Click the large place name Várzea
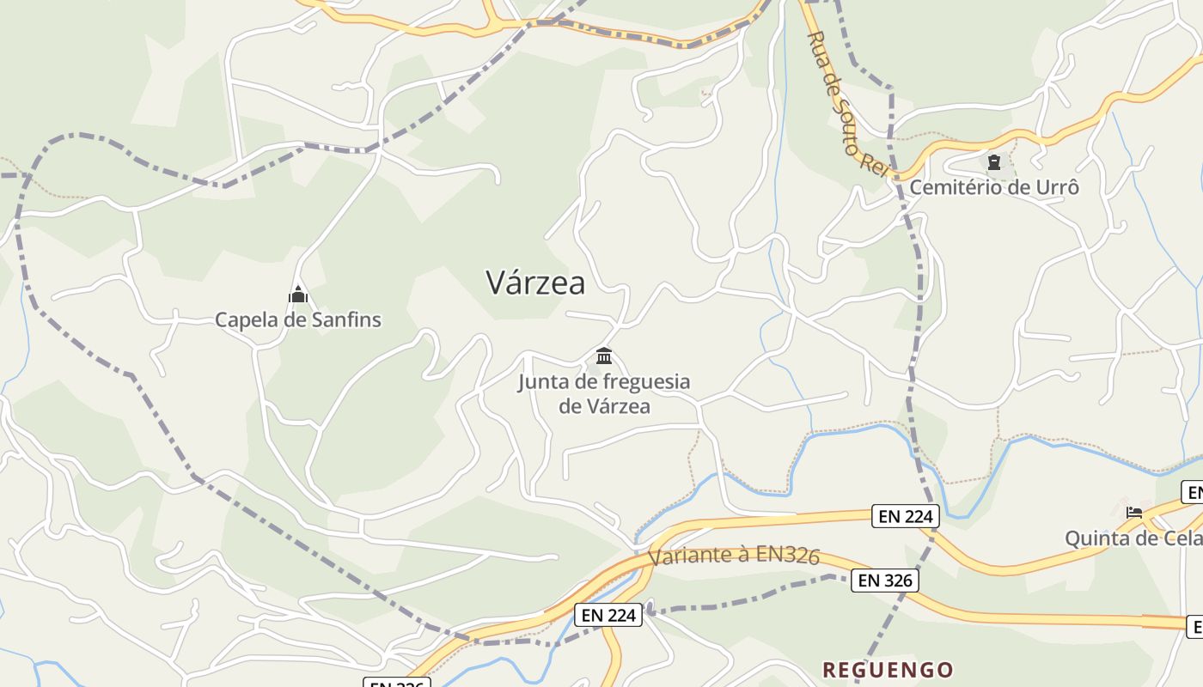click(x=535, y=283)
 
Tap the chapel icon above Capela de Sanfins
click(x=298, y=295)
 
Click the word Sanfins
click(x=345, y=320)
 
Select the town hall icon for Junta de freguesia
click(x=604, y=356)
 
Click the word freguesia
click(x=647, y=381)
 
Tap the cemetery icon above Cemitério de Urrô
click(x=994, y=161)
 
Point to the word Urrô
click(x=1056, y=187)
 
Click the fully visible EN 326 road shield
click(x=885, y=581)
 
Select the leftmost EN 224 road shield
click(x=608, y=615)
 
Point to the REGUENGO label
click(x=888, y=670)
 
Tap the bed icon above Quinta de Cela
click(x=1134, y=513)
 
